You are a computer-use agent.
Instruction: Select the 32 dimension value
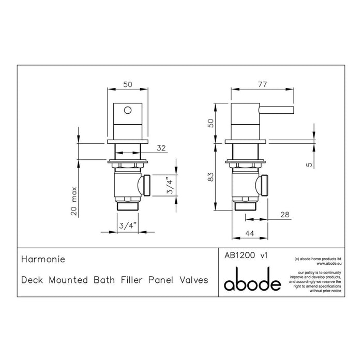pyautogui.click(x=161, y=148)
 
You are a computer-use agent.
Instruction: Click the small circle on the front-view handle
pyautogui.click(x=127, y=110)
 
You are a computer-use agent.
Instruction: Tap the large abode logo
pyautogui.click(x=252, y=282)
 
